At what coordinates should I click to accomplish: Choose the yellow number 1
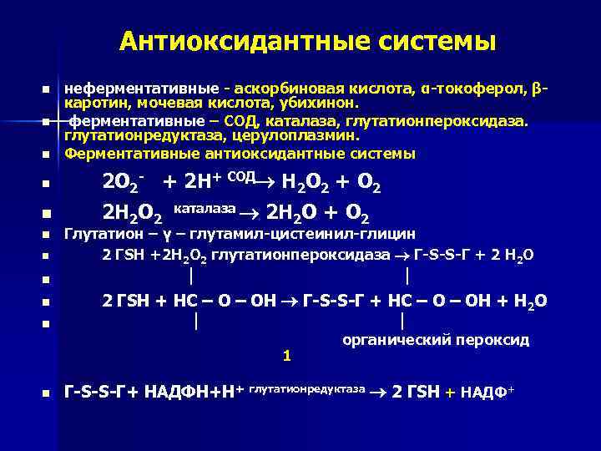pos(286,355)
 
